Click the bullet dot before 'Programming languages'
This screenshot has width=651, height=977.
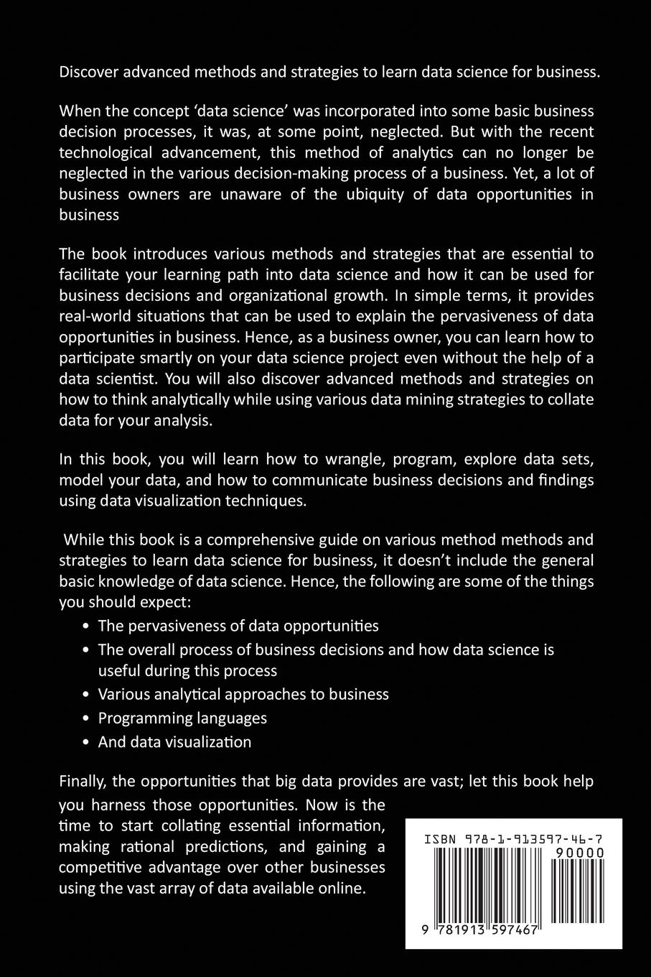pyautogui.click(x=86, y=718)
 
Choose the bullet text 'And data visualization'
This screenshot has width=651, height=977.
pyautogui.click(x=174, y=741)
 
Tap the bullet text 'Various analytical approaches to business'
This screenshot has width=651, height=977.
pyautogui.click(x=243, y=694)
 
